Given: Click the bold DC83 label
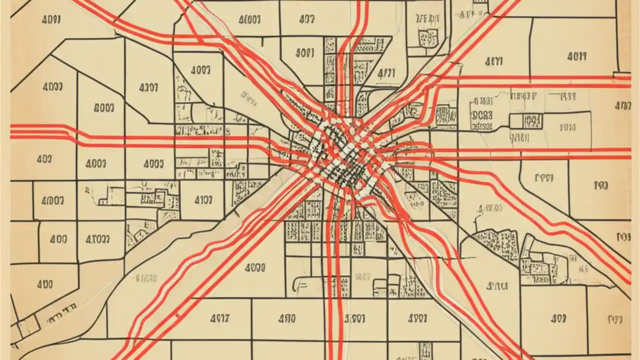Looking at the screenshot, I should pyautogui.click(x=481, y=115).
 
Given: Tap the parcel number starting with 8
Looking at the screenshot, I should pyautogui.click(x=103, y=107).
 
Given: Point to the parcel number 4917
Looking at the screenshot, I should pyautogui.click(x=219, y=317).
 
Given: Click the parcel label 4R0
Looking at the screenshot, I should pyautogui.click(x=286, y=318).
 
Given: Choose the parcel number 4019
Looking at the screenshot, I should pyautogui.click(x=576, y=56).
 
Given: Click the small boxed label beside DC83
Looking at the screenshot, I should pyautogui.click(x=532, y=120).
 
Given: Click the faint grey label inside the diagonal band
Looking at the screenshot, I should pyautogui.click(x=146, y=278).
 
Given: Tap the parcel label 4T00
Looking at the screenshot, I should pyautogui.click(x=94, y=239).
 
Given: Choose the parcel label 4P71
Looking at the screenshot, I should pyautogui.click(x=385, y=73).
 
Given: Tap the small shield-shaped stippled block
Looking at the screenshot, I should pyautogui.click(x=429, y=35).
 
